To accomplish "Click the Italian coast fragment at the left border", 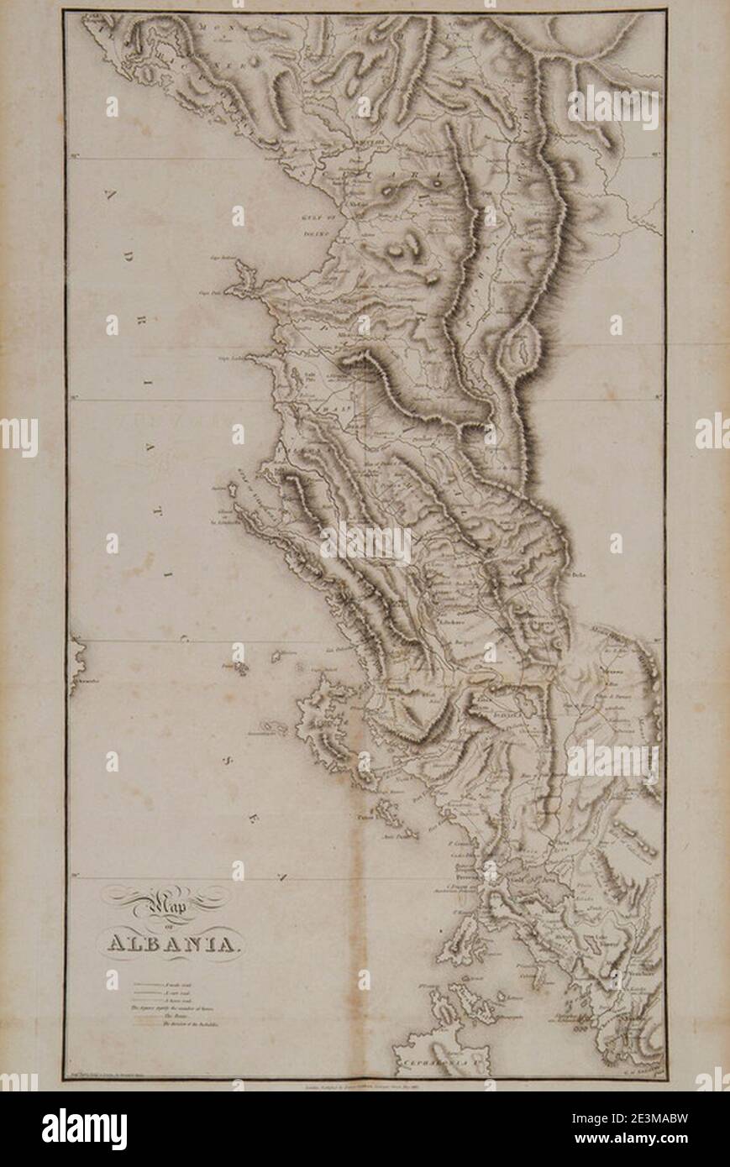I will coord(76,663).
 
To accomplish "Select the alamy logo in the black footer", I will coord(85,1129).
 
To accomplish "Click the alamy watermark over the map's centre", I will coord(365,544).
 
